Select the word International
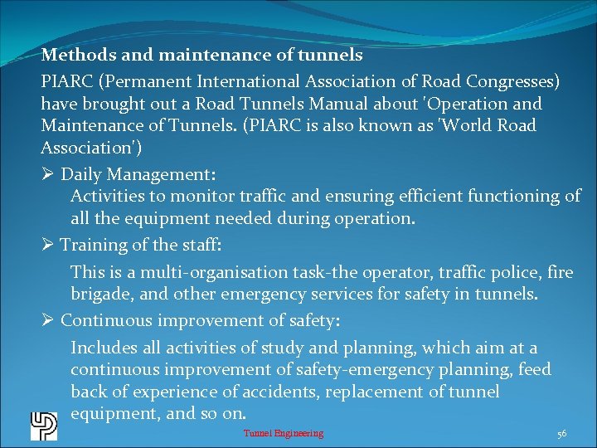258,81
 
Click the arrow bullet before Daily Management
48,175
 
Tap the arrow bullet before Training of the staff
48,245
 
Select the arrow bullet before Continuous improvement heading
48,319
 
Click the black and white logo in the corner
43,426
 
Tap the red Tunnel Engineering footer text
284,433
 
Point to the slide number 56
562,433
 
